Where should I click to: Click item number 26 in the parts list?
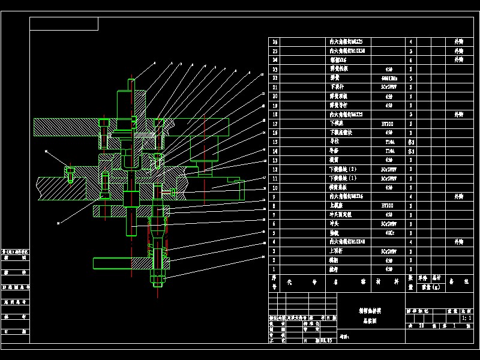click(275, 42)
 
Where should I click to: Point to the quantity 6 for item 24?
click(410, 60)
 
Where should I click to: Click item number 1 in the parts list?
click(275, 269)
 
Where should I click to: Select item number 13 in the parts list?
click(275, 160)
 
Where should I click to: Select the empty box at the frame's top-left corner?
click(64, 23)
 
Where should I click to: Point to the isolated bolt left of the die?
click(70, 173)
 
